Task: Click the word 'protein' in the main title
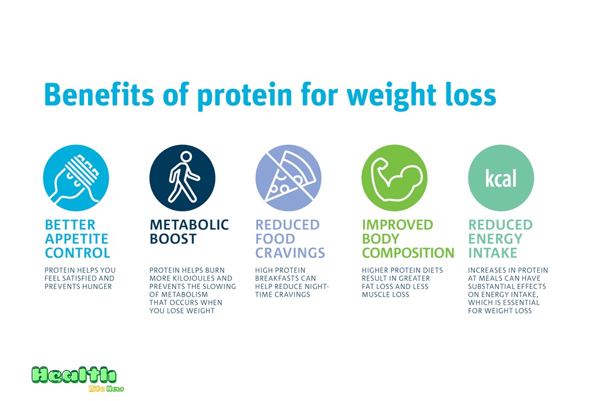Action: click(x=245, y=95)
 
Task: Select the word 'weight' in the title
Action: click(x=391, y=95)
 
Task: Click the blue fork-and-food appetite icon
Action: click(x=76, y=178)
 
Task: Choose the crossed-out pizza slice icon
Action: click(x=288, y=178)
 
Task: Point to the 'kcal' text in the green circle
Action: click(x=500, y=178)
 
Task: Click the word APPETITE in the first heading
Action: click(x=77, y=239)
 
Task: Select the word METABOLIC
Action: click(x=189, y=225)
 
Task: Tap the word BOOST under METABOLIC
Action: click(x=173, y=239)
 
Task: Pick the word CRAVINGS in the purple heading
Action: click(x=291, y=253)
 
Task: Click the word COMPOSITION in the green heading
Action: click(x=408, y=253)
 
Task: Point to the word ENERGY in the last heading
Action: click(x=495, y=239)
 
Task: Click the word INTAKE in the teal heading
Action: click(x=493, y=253)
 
